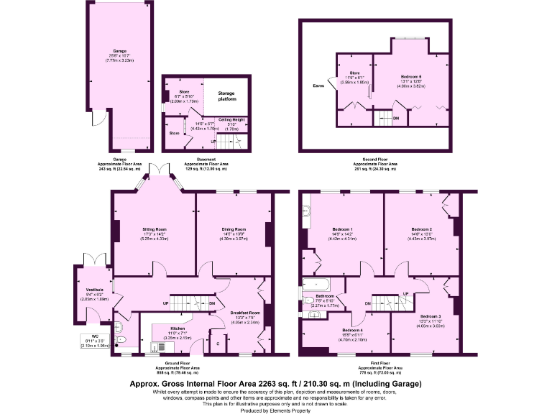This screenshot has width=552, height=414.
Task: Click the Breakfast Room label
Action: [x=245, y=313]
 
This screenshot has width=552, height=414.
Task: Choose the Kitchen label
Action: [x=177, y=327]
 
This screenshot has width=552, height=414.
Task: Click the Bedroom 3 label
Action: [x=431, y=316]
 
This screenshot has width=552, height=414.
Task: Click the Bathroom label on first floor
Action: [x=324, y=295]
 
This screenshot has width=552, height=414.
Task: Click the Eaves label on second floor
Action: [x=318, y=86]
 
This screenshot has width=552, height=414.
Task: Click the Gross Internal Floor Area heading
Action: [x=275, y=384]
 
